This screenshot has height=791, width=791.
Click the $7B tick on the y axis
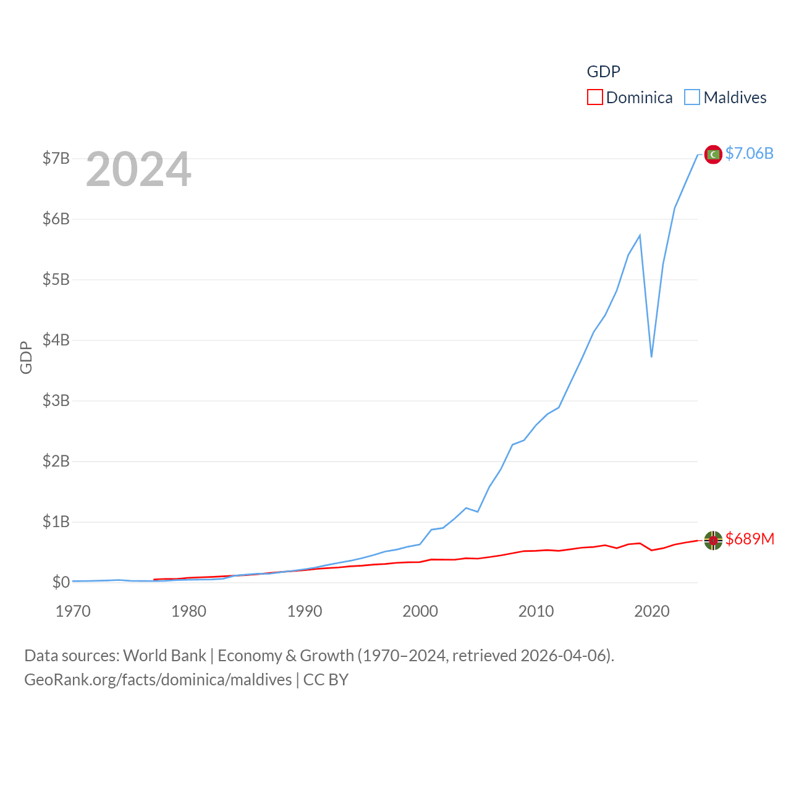pyautogui.click(x=56, y=158)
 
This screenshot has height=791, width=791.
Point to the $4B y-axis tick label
pyautogui.click(x=56, y=340)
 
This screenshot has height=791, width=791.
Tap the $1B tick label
pyautogui.click(x=56, y=522)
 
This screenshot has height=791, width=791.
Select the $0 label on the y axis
pyautogui.click(x=61, y=582)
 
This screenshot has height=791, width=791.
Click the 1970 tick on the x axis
pyautogui.click(x=73, y=611)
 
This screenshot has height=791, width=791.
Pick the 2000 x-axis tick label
pyautogui.click(x=420, y=611)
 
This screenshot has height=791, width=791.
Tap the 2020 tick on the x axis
pyautogui.click(x=652, y=611)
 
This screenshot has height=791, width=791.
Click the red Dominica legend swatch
pyautogui.click(x=594, y=98)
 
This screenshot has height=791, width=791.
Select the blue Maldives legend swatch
pyautogui.click(x=692, y=98)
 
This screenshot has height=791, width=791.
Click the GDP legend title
pyautogui.click(x=603, y=72)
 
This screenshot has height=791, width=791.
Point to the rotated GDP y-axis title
pyautogui.click(x=26, y=357)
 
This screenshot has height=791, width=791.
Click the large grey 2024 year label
pyautogui.click(x=138, y=169)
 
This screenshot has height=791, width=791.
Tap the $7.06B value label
pyautogui.click(x=749, y=153)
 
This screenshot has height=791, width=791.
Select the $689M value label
pyautogui.click(x=750, y=539)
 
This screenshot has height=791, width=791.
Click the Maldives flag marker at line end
pyautogui.click(x=713, y=154)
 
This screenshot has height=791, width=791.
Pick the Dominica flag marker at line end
pyautogui.click(x=713, y=540)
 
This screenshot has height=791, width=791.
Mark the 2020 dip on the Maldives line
pyautogui.click(x=651, y=357)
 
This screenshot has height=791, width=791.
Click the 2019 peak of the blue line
pyautogui.click(x=640, y=235)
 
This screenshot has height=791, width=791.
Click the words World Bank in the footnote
pyautogui.click(x=164, y=656)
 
